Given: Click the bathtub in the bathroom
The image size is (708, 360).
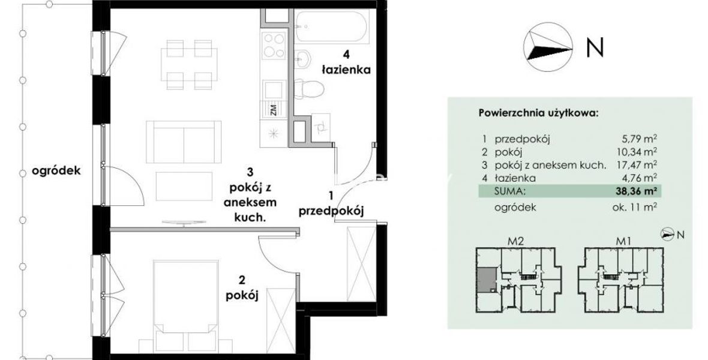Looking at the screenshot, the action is click(332, 26).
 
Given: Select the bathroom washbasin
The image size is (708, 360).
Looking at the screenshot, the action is click(304, 59).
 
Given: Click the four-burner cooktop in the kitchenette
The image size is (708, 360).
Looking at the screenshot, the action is click(274, 45).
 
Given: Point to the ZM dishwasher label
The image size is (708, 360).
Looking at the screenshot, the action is click(274, 110).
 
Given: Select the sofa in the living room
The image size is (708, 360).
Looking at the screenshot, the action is click(184, 142).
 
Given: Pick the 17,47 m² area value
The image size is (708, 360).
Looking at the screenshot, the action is click(637, 165).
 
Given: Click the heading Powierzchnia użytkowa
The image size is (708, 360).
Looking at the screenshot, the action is click(538, 113).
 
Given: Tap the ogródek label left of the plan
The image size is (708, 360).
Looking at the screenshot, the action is click(56, 171).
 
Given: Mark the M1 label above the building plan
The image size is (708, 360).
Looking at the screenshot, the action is click(623, 241).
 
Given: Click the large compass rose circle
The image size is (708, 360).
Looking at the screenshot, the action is click(548, 47).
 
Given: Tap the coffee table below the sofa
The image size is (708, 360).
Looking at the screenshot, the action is click(184, 186).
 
